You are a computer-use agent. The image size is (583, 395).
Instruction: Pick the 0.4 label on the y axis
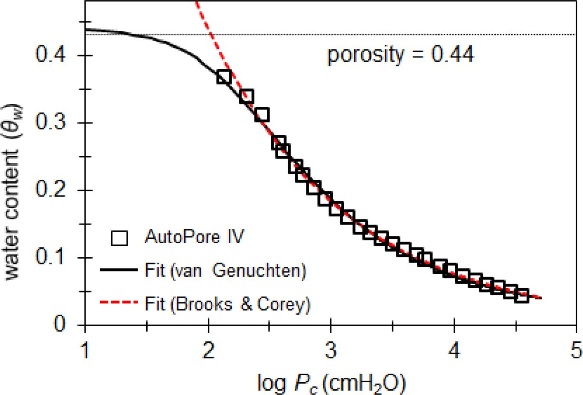click(53, 56)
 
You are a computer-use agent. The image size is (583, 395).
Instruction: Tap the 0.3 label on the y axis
click(53, 123)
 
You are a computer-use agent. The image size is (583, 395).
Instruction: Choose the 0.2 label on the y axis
click(53, 191)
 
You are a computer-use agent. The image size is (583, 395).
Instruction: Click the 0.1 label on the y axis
click(53, 258)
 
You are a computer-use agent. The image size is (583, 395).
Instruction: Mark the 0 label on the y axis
click(67, 326)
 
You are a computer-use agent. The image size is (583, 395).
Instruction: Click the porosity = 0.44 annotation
click(400, 56)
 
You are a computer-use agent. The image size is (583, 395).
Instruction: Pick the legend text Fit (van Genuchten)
click(223, 272)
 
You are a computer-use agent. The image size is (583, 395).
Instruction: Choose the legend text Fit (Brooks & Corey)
click(226, 304)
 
